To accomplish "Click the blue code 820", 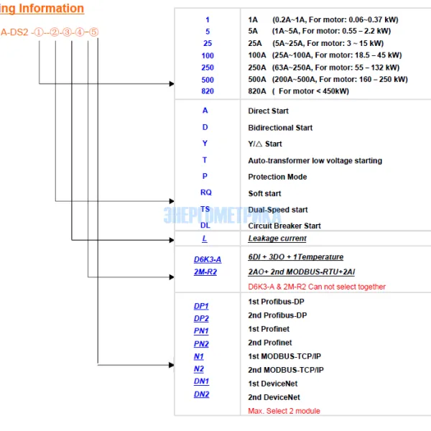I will click(207, 91).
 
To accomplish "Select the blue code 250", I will click(207, 67).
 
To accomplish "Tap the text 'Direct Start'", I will click(268, 111).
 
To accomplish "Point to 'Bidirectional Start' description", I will click(280, 127).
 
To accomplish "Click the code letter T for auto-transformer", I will click(205, 160).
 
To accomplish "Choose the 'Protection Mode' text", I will click(277, 177).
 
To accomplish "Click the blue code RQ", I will click(206, 193).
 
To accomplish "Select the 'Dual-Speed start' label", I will click(277, 209).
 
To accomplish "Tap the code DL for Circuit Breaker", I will click(205, 225).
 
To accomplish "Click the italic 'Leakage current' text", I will click(277, 238).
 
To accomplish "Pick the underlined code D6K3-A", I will click(208, 259).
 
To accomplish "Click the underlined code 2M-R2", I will click(205, 272).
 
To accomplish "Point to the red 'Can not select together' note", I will click(316, 287).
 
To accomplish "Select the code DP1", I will click(201, 305).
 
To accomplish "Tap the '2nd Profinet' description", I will click(269, 343).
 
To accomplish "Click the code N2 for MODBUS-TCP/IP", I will click(198, 369).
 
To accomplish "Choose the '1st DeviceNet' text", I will click(274, 384).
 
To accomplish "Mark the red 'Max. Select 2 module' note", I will click(284, 411).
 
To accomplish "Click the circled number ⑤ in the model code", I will click(93, 32).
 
